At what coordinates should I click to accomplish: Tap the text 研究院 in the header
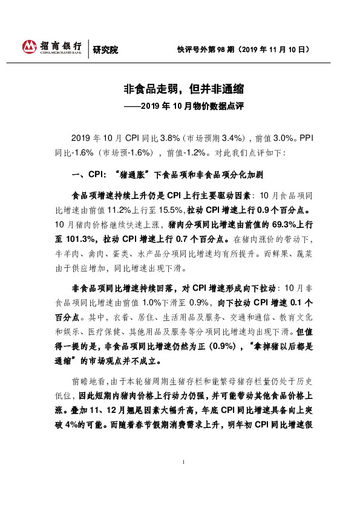click(104, 50)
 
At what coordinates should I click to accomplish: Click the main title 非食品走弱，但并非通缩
click(180, 89)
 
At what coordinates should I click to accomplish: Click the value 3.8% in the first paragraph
click(154, 137)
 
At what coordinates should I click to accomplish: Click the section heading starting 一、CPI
click(167, 175)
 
